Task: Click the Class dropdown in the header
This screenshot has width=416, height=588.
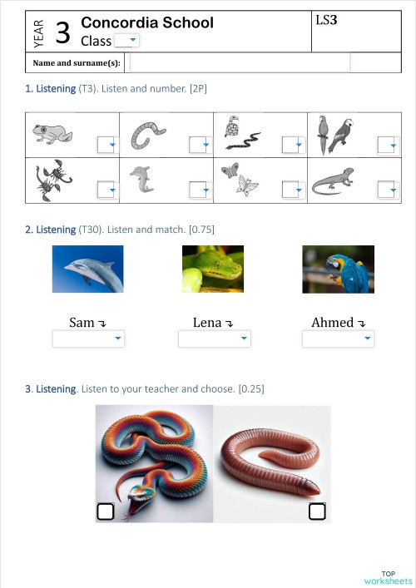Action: (126, 41)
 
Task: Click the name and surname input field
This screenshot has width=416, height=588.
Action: (240, 62)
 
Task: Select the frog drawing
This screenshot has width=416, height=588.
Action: (52, 133)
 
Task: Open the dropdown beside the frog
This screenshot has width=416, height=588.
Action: (106, 145)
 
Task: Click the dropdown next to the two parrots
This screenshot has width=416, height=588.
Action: (388, 145)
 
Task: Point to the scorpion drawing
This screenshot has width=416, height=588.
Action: (52, 180)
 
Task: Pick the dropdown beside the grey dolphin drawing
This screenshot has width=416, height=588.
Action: (200, 190)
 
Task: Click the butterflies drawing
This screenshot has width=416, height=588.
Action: (240, 179)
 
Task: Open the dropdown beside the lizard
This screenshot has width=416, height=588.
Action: (388, 190)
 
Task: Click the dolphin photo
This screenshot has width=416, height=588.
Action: (87, 269)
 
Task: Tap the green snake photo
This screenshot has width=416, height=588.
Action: (213, 269)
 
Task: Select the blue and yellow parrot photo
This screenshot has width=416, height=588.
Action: (338, 269)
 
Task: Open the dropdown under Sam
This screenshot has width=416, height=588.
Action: (88, 338)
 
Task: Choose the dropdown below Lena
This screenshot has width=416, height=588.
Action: (214, 338)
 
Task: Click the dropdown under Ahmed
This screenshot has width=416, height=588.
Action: (338, 338)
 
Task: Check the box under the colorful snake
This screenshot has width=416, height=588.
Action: (106, 511)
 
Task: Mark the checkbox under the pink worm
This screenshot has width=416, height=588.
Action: (317, 511)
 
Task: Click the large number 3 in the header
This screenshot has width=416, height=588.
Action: (62, 33)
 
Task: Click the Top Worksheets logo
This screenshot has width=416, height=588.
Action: (388, 577)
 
